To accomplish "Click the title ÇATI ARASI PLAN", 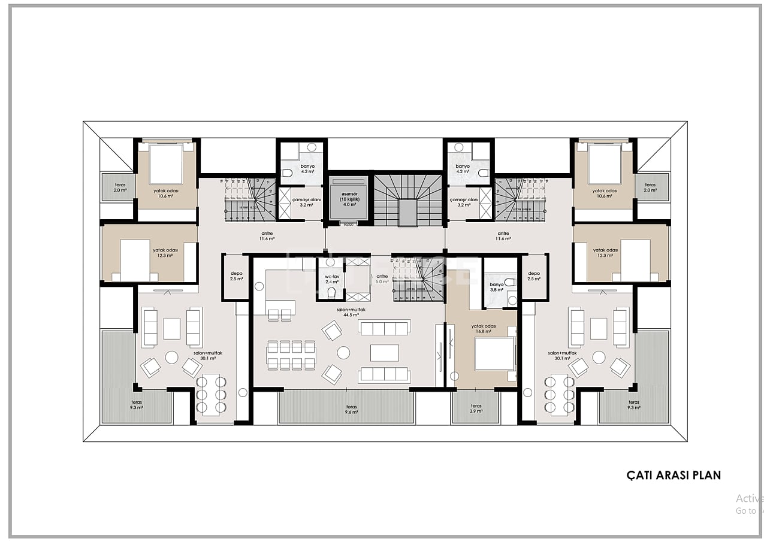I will [674, 475].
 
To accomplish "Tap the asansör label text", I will [349, 195].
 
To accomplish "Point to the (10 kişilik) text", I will [349, 199].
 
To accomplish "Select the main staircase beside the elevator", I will [408, 201].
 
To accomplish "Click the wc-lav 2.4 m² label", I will [332, 278].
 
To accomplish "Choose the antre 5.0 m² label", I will [382, 278].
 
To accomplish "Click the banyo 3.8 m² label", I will [497, 287].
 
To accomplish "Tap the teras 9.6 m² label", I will [351, 409].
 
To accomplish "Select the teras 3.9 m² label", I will [476, 408].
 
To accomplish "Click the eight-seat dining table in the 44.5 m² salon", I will [291, 355].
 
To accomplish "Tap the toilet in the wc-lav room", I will [331, 292].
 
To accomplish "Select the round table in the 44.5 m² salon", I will [343, 352].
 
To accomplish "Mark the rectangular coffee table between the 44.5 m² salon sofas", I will [384, 352].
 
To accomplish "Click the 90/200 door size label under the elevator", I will [349, 224].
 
